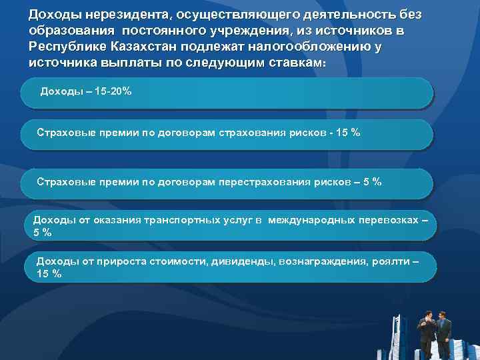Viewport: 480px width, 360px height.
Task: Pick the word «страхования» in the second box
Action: pyautogui.click(x=255, y=133)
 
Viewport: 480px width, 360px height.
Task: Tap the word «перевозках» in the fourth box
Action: pyautogui.click(x=389, y=220)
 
